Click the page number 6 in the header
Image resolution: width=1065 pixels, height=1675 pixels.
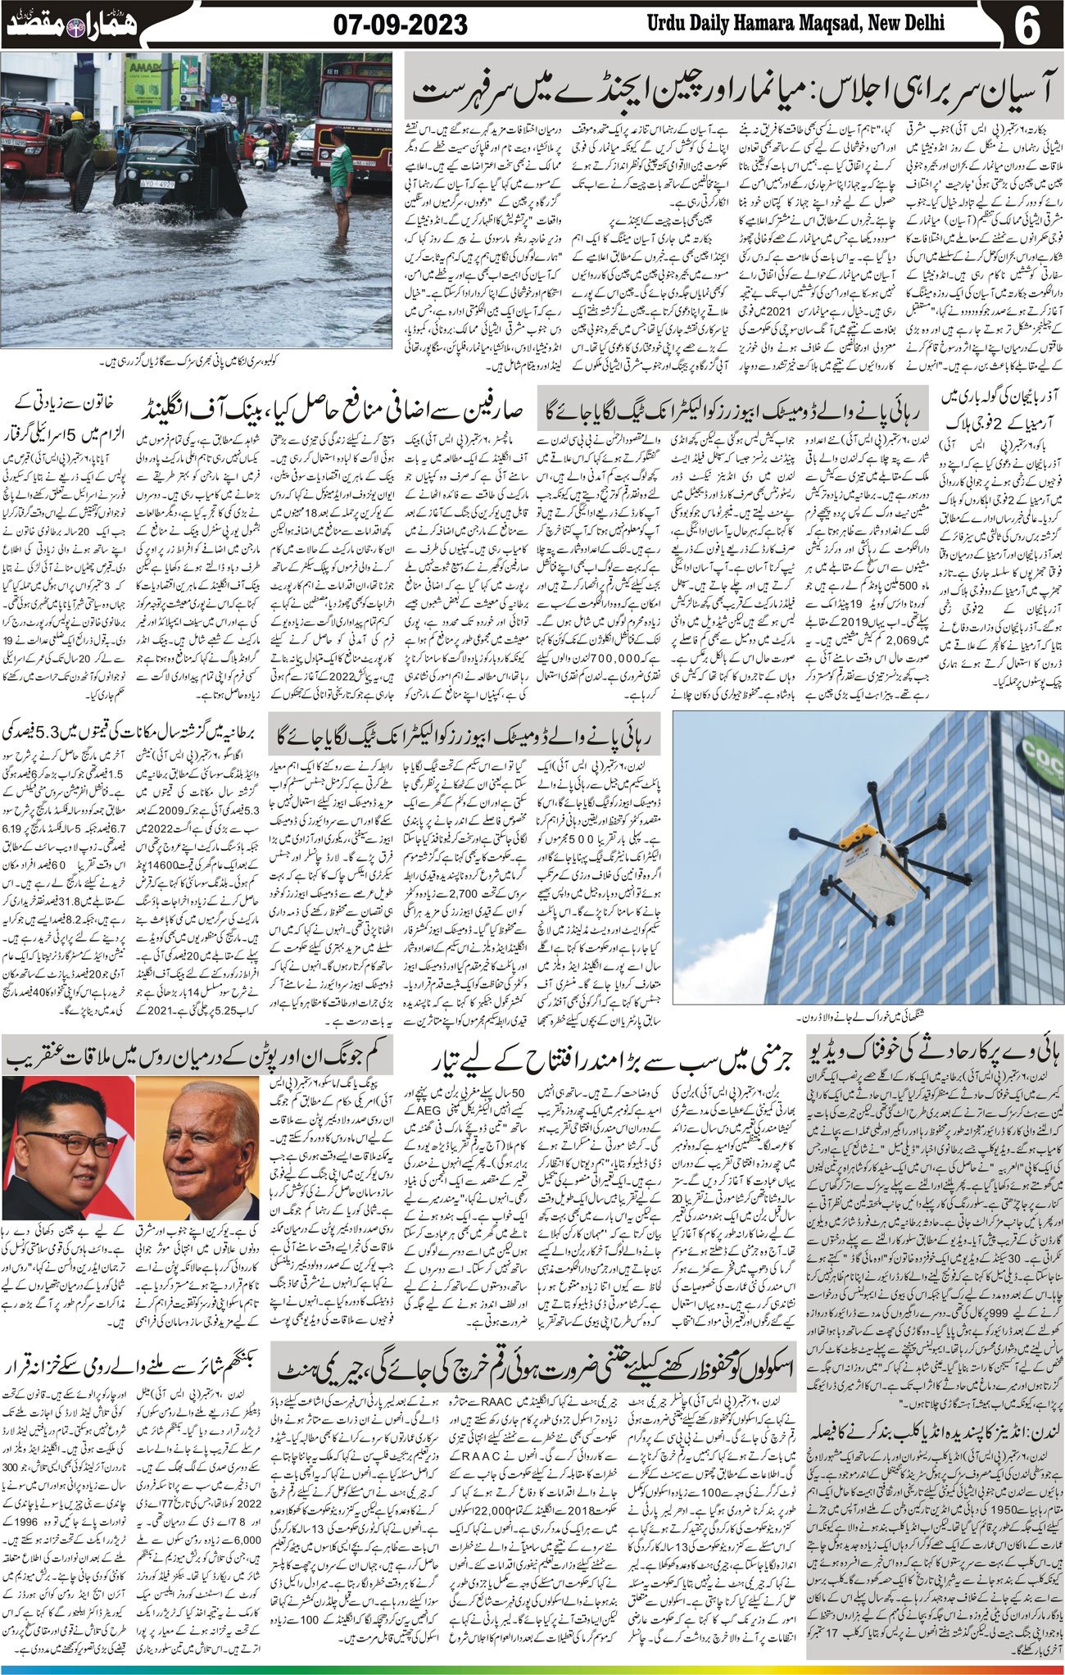1026,26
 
